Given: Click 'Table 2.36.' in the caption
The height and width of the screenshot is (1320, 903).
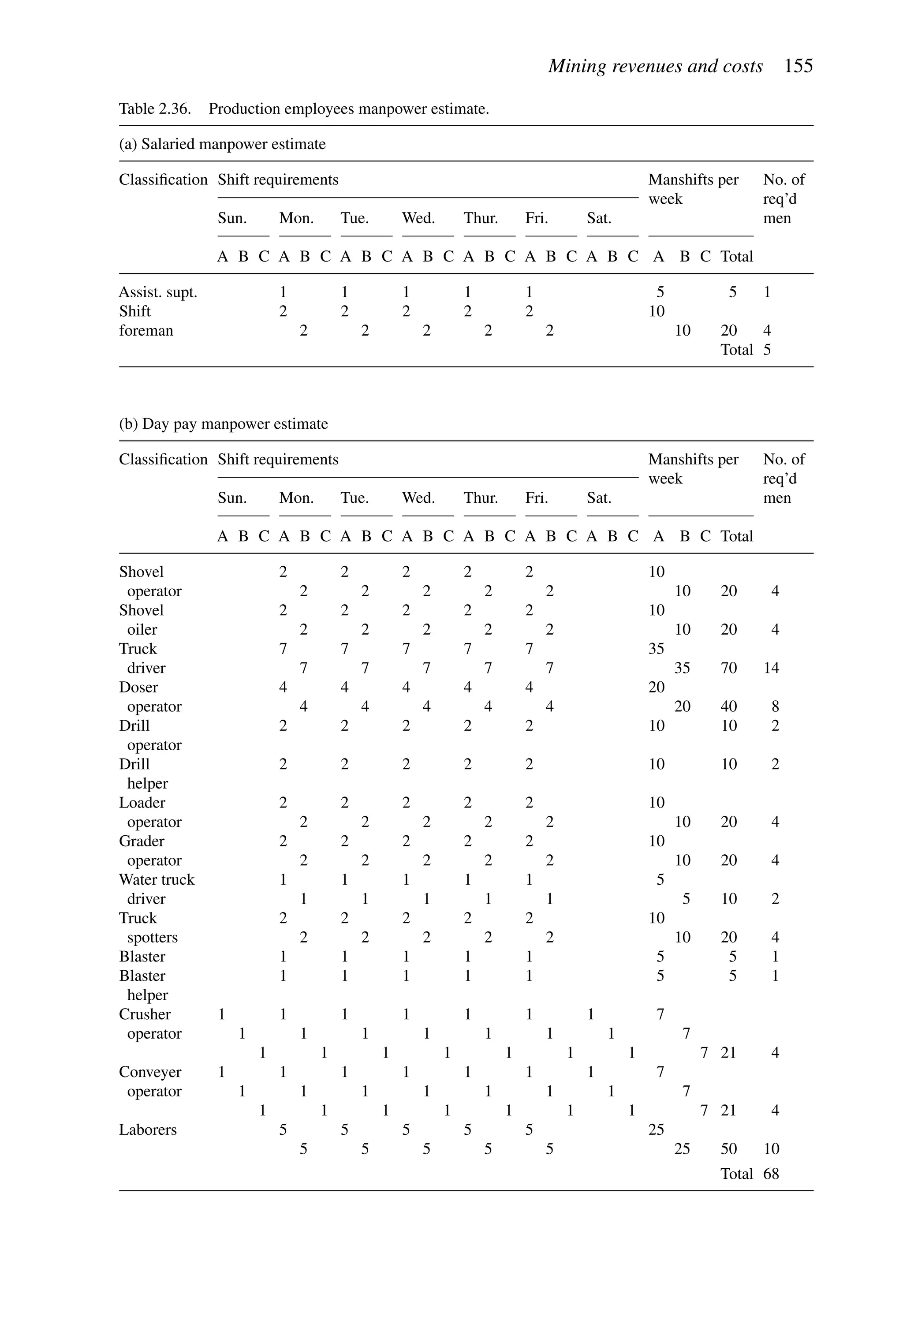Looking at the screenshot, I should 154,108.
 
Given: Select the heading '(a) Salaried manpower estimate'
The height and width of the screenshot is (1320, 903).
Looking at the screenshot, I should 222,144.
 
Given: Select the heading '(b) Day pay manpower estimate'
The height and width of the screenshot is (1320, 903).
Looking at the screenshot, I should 223,424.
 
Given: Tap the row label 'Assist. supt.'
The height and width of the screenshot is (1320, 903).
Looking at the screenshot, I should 158,292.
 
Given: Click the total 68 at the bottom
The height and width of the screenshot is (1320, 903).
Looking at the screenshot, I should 771,1174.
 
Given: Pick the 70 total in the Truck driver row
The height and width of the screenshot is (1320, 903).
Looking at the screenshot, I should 729,668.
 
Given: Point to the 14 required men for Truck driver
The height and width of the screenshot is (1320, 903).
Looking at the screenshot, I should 771,668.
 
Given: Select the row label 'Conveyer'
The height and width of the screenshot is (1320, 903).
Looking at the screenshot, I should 150,1072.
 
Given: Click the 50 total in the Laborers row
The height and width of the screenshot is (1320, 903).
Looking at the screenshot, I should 729,1148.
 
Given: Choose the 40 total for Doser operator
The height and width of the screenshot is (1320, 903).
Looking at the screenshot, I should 729,707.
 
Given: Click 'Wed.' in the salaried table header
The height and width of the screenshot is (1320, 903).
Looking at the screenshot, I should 418,218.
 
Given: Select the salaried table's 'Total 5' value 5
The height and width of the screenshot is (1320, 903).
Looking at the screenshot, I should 767,350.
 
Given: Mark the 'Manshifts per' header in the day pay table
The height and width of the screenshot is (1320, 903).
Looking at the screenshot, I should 693,459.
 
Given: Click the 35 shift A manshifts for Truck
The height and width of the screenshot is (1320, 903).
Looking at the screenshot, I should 656,649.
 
